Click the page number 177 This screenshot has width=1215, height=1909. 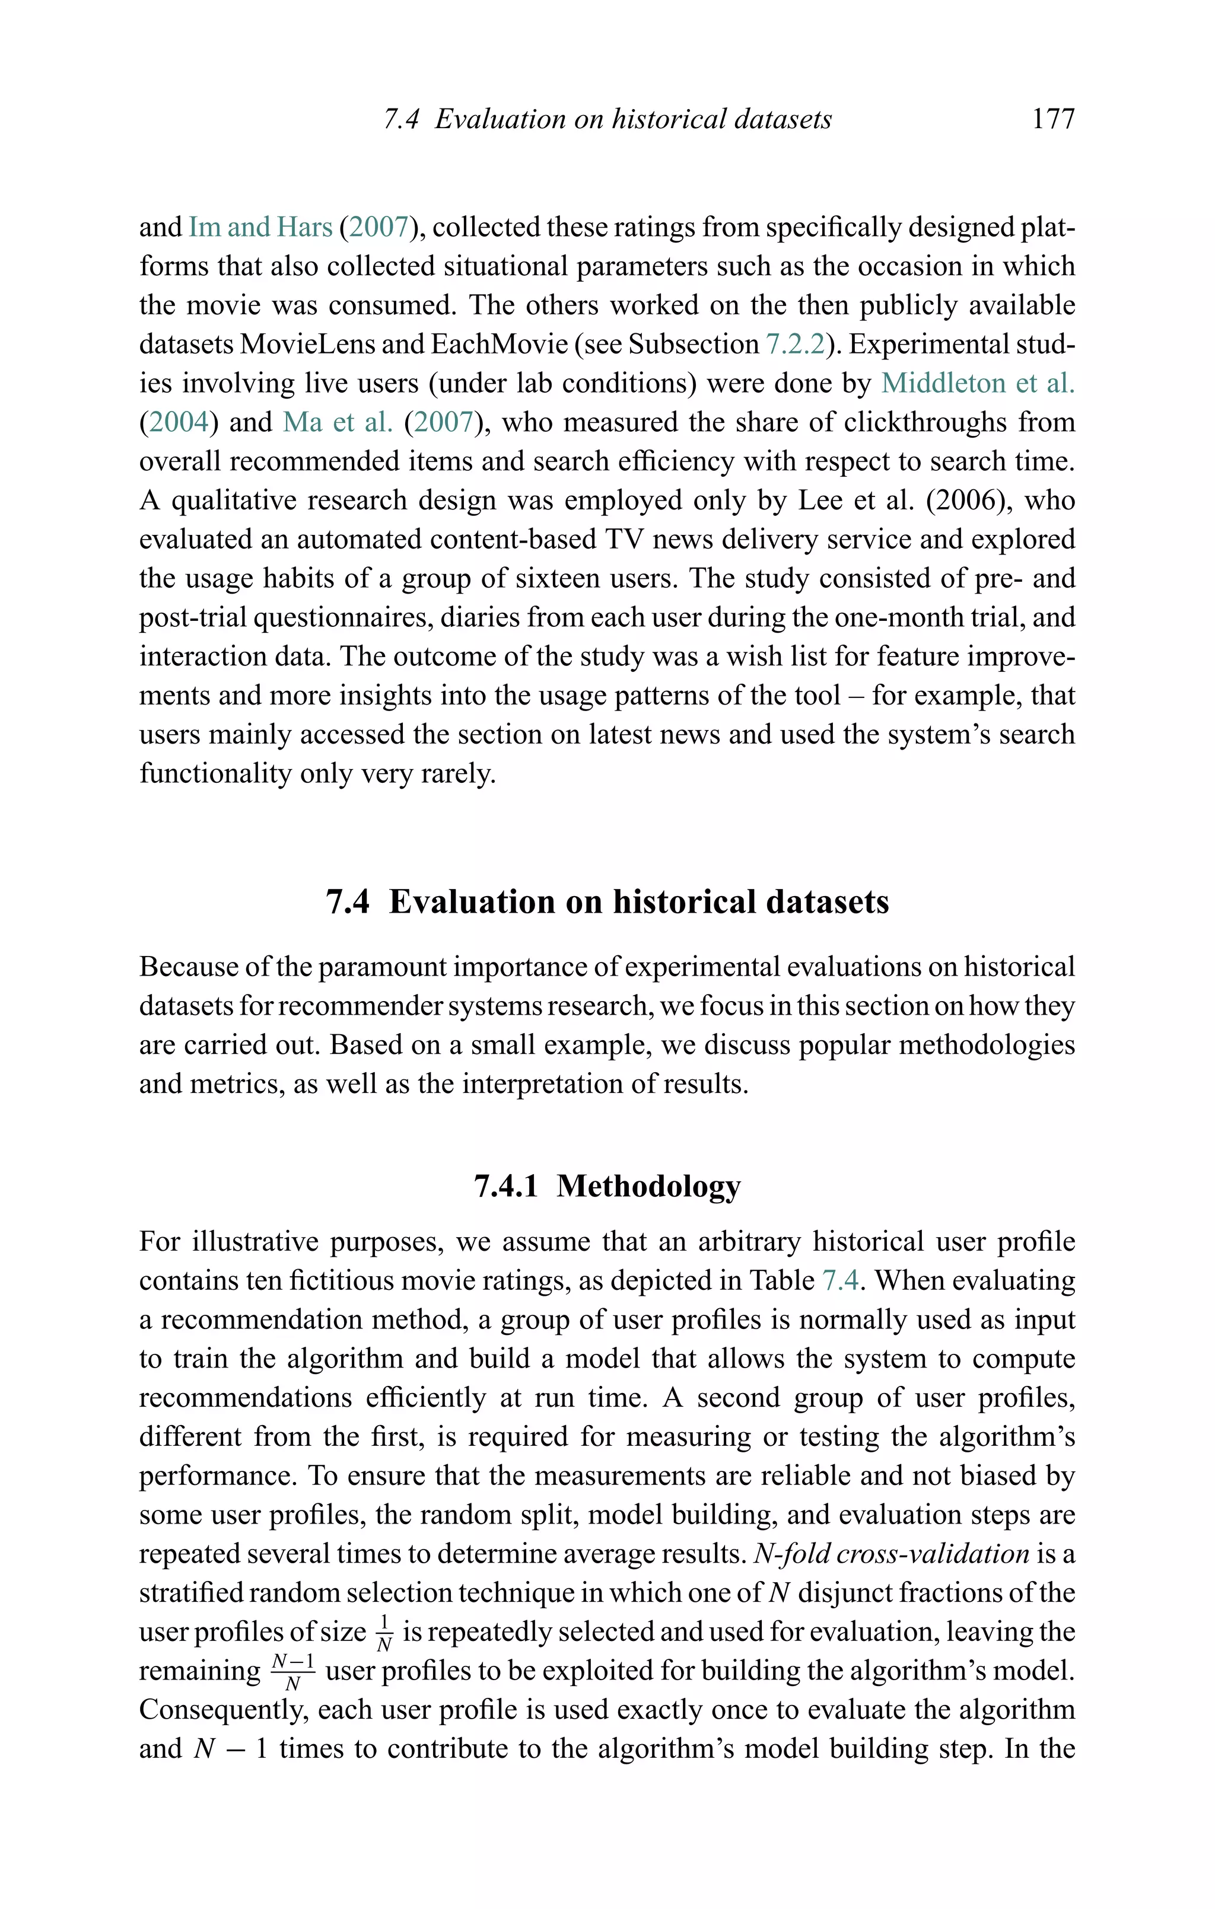pyautogui.click(x=1052, y=119)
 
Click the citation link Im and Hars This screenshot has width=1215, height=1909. pyautogui.click(x=259, y=228)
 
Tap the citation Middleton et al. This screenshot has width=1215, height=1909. pyautogui.click(x=977, y=383)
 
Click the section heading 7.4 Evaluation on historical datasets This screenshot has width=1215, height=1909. pyautogui.click(x=607, y=901)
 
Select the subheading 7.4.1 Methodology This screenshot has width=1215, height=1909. pyautogui.click(x=607, y=1185)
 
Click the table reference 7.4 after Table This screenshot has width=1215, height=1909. pyautogui.click(x=840, y=1280)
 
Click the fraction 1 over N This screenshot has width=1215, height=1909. pyautogui.click(x=384, y=1632)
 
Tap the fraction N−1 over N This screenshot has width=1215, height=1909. pyautogui.click(x=292, y=1671)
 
